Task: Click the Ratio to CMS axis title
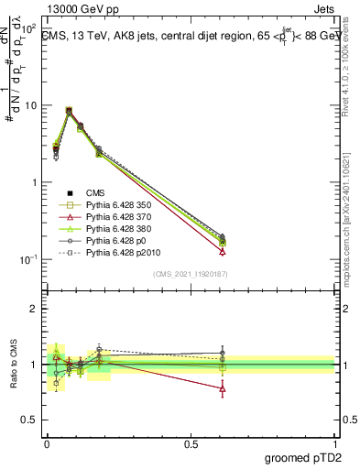(x=12, y=365)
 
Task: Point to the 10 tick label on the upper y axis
(x=30, y=105)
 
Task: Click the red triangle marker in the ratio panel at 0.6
(x=223, y=388)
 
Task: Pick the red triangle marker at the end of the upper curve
(x=223, y=251)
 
